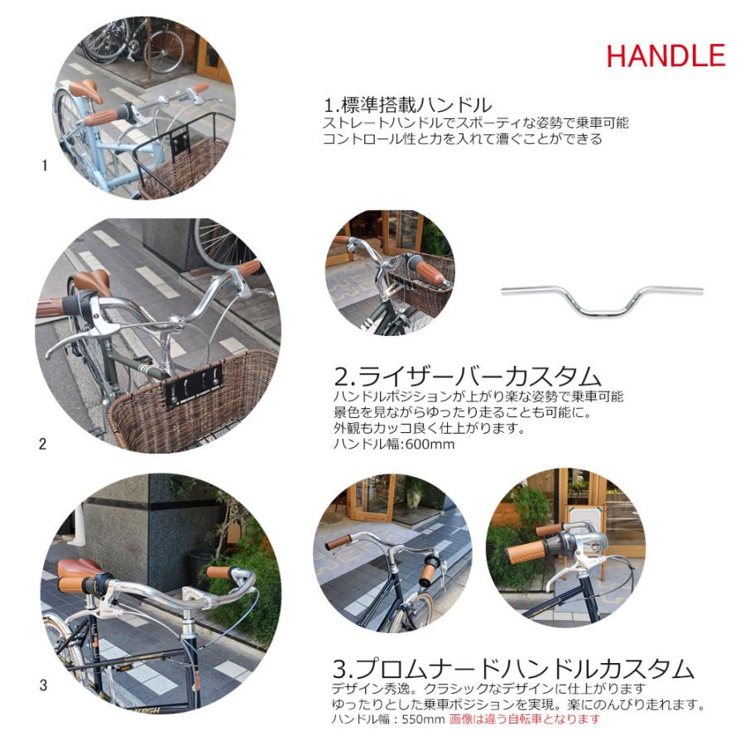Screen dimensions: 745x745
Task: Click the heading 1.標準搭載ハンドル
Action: [x=407, y=106]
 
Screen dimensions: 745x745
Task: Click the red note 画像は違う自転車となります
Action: [x=525, y=719]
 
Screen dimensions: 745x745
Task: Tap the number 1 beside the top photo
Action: [x=45, y=166]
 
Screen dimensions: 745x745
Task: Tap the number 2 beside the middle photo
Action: [x=42, y=443]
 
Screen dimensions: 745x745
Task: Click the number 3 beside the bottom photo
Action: [x=43, y=685]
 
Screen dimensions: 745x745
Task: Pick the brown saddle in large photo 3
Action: [x=79, y=570]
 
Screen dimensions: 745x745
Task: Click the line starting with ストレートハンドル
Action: [x=476, y=123]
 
